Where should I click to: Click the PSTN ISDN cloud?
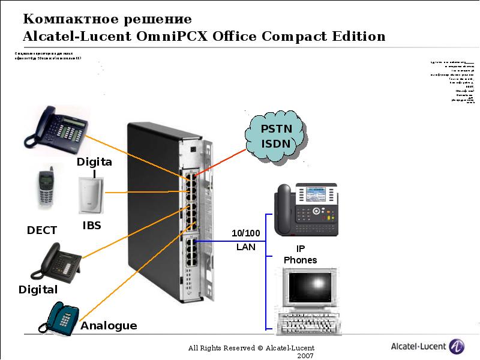(x=275, y=137)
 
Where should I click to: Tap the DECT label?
(x=42, y=230)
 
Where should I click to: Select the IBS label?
(x=92, y=226)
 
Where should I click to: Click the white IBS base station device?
(x=91, y=194)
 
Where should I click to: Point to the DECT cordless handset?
(x=46, y=188)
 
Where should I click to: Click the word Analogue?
(x=109, y=326)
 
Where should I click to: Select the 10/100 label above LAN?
(x=246, y=233)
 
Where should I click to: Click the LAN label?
(x=246, y=247)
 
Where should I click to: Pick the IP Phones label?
(x=300, y=254)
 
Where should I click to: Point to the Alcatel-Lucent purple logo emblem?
(x=457, y=346)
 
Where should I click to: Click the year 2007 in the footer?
(x=305, y=356)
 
